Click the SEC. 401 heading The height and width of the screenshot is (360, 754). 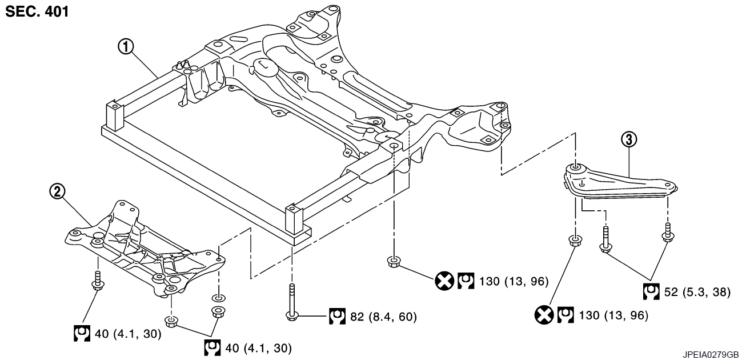(37, 11)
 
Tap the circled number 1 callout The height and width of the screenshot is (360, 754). (126, 47)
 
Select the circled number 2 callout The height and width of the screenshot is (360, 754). (57, 191)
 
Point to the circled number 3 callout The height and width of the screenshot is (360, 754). (629, 139)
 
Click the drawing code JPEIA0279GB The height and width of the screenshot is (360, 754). (711, 355)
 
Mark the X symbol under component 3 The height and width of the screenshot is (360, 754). (544, 315)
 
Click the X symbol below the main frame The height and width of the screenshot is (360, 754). (444, 281)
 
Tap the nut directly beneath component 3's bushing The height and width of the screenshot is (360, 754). (575, 241)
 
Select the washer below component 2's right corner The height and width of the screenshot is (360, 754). (218, 298)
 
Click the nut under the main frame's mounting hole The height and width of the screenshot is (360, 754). (393, 262)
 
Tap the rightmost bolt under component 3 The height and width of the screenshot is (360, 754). (668, 233)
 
